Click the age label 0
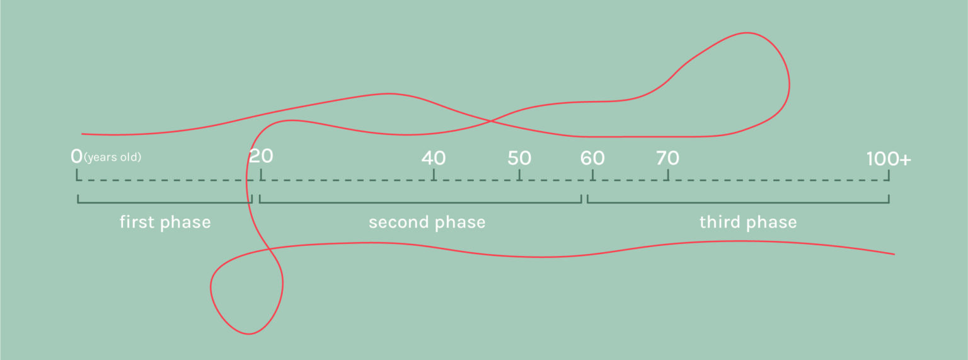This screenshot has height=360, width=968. click(76, 156)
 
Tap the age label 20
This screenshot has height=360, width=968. click(261, 156)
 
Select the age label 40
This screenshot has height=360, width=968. click(434, 158)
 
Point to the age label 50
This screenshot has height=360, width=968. click(519, 158)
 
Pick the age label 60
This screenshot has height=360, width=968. click(592, 158)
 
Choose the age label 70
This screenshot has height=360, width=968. click(667, 158)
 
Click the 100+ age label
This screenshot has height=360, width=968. click(889, 159)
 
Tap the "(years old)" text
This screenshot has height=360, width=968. click(112, 157)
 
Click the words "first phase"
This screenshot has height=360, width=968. click(165, 222)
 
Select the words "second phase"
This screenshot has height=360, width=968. click(427, 222)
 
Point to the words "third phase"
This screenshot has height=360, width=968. click(748, 222)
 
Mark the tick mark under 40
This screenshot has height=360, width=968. click(434, 175)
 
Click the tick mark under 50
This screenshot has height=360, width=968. click(519, 175)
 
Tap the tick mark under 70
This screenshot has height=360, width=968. click(668, 175)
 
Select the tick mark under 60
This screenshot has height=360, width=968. click(592, 175)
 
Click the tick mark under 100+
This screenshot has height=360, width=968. click(889, 175)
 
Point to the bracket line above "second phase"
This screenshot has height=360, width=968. click(420, 202)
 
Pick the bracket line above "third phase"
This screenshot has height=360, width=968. click(738, 202)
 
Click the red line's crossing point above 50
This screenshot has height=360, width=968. click(491, 122)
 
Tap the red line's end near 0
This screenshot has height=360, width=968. click(82, 134)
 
